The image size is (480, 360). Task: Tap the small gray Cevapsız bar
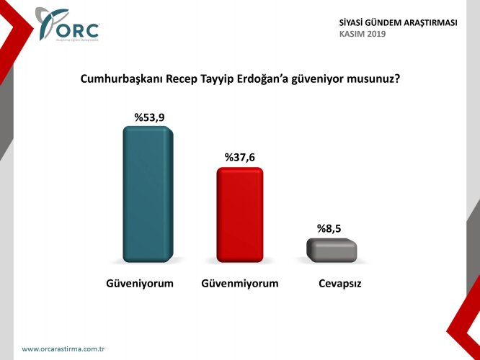(x=332, y=249)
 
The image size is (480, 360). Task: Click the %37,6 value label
(x=239, y=157)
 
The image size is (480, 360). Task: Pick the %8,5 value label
(x=331, y=228)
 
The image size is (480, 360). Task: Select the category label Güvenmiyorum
(x=240, y=283)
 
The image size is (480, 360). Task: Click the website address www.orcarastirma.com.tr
(x=64, y=349)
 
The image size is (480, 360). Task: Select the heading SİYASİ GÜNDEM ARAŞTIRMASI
(x=398, y=23)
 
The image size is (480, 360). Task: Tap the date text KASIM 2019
(x=363, y=34)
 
